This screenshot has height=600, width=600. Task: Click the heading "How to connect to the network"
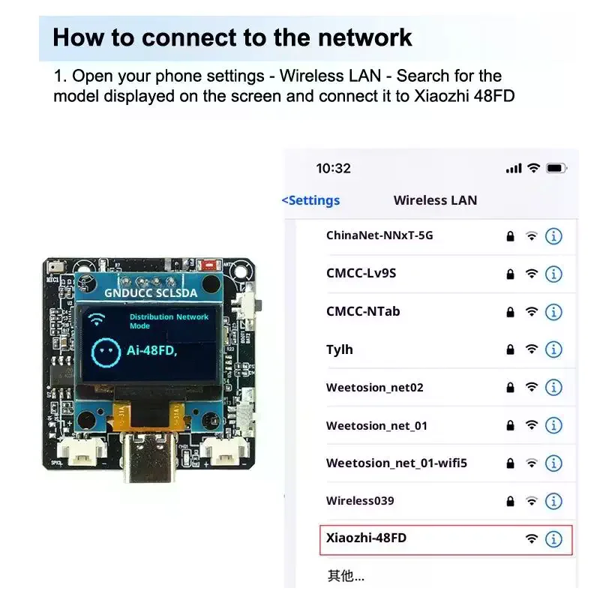coord(232,37)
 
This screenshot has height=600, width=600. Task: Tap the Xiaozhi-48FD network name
coord(366,538)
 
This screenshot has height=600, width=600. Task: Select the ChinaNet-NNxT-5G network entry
coord(379,235)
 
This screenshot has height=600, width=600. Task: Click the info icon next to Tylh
coord(553,349)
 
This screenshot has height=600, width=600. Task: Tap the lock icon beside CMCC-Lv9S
coord(511,274)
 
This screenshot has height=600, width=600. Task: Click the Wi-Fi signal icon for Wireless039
coord(532,501)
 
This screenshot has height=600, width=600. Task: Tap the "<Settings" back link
coord(310,200)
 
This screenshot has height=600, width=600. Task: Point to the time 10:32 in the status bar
coord(333,169)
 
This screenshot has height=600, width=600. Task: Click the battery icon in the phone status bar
coord(556,169)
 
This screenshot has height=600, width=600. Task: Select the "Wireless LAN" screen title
coord(435,200)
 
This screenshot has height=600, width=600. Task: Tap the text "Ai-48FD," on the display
coord(151,350)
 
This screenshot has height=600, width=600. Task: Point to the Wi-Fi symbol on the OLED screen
coord(97,320)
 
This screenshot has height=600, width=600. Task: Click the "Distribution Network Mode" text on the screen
coord(169,321)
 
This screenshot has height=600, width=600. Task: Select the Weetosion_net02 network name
coord(374,388)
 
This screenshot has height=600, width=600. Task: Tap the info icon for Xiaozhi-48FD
coord(553,538)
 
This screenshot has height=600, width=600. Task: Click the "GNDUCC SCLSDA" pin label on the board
coord(151,293)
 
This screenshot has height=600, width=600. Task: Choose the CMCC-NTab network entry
coord(363,311)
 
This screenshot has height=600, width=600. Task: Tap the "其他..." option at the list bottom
coord(346,576)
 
